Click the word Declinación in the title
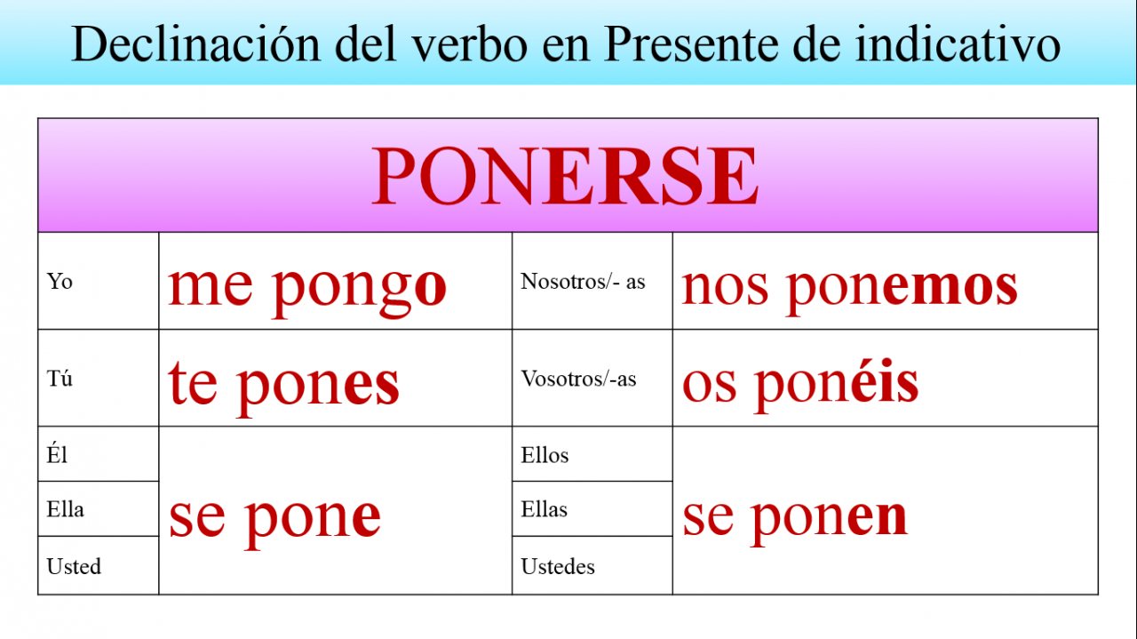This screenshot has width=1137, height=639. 195,44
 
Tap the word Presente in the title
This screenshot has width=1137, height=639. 690,44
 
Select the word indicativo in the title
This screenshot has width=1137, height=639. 958,44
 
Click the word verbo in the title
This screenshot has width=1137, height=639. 469,44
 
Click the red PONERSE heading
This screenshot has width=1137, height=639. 565,176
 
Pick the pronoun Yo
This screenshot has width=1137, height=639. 60,282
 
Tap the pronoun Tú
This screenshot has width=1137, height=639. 60,378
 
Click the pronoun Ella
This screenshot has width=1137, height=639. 65,509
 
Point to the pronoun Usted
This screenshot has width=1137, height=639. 74,566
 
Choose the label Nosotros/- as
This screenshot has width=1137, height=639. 583,282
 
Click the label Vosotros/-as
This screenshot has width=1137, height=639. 578,379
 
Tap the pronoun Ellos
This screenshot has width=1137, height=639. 545,455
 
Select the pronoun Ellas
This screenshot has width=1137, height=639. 545,509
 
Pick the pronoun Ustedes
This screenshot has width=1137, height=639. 558,566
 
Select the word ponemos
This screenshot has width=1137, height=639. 902,291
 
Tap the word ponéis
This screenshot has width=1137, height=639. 836,386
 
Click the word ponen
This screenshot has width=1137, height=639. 829,521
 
